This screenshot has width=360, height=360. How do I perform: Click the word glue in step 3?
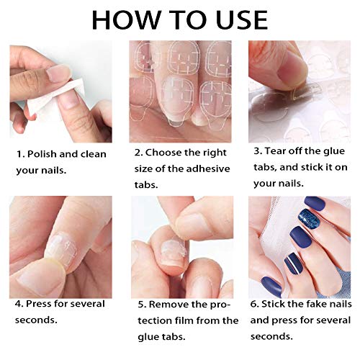[330, 153]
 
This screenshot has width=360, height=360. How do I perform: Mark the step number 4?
[20, 304]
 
